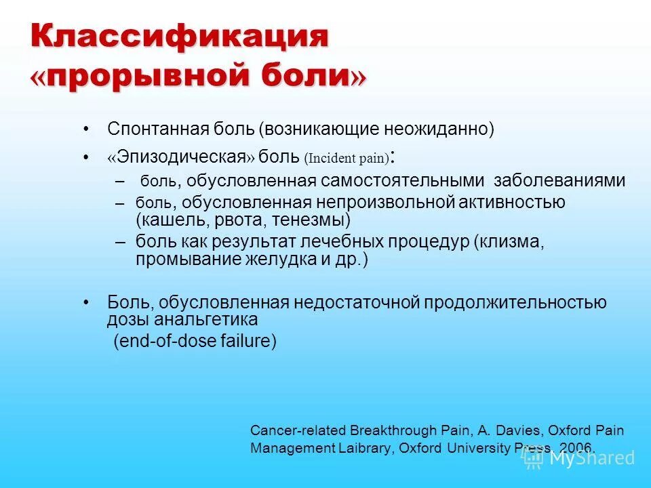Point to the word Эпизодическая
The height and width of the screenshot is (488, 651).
coord(181,157)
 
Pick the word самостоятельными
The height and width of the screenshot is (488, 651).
coord(403,181)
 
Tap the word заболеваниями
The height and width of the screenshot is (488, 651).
coord(559,181)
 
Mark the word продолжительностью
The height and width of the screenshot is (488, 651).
coord(515,302)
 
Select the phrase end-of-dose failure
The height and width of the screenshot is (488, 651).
coord(195,342)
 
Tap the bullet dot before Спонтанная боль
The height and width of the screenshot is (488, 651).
coord(86,129)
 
